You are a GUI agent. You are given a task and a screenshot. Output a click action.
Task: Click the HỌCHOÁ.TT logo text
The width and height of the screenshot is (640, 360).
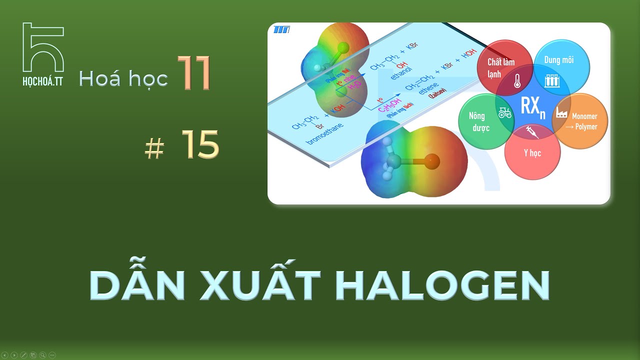point(43,82)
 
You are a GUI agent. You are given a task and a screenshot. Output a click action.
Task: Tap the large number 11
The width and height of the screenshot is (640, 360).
point(195,73)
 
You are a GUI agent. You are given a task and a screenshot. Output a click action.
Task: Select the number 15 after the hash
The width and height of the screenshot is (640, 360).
point(200,144)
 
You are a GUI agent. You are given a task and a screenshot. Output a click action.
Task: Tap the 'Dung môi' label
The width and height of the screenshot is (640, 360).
point(559,60)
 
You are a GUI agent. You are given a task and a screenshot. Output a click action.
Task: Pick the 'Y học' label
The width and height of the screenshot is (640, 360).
point(532,153)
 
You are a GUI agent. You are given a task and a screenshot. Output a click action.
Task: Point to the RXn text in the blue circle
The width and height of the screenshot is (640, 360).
point(532,106)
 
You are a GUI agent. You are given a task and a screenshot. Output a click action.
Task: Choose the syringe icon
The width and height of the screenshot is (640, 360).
point(532,132)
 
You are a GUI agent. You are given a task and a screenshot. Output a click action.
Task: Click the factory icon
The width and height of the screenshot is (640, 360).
point(561,113)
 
